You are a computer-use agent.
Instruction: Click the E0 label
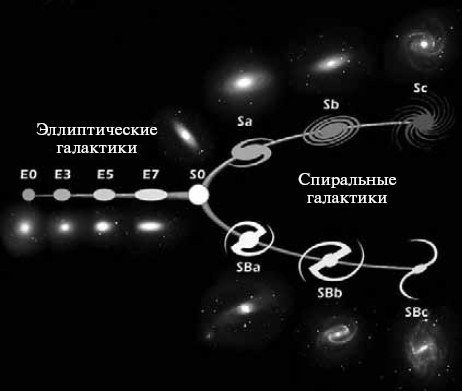click(28, 175)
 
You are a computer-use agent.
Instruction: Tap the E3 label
click(63, 175)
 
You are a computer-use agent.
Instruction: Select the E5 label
click(106, 175)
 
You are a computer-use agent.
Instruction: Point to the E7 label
click(151, 175)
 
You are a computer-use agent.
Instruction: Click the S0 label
click(197, 175)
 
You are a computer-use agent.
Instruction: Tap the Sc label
click(421, 89)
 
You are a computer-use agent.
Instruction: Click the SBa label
click(243, 268)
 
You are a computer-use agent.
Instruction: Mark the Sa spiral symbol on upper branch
click(247, 151)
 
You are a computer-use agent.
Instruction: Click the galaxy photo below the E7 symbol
click(150, 226)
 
